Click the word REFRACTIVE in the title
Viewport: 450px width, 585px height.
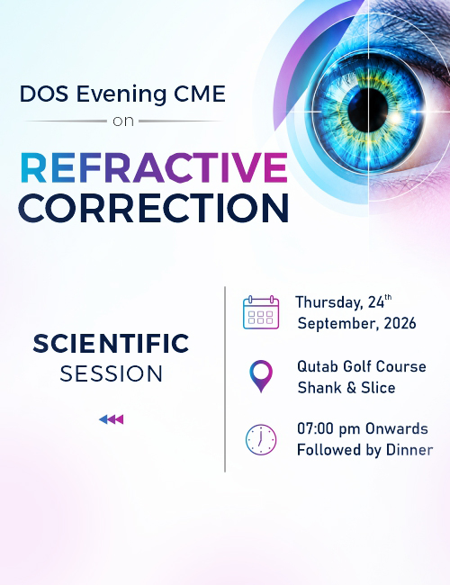click(x=154, y=167)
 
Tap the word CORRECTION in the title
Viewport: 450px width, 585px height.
click(x=153, y=208)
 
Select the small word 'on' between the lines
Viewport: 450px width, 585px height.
click(x=123, y=121)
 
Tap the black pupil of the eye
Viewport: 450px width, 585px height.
click(x=368, y=111)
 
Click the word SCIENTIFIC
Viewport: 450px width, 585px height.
click(x=111, y=344)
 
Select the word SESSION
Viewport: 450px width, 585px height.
click(x=112, y=373)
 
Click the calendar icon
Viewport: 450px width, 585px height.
click(x=261, y=312)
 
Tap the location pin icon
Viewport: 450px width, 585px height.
click(x=261, y=376)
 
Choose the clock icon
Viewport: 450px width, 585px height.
click(x=261, y=439)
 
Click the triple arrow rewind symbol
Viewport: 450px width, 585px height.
click(x=112, y=419)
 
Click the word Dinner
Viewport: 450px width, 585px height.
click(x=409, y=450)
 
